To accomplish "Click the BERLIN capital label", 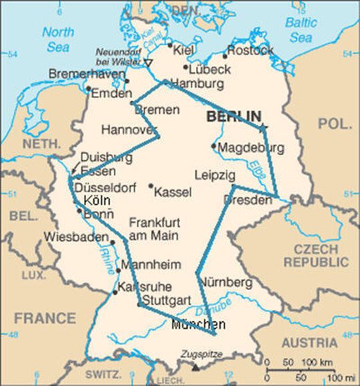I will [x=233, y=116].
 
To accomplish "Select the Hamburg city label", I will [x=197, y=84].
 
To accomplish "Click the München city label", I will [x=198, y=325].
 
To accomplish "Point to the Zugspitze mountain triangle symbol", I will [x=195, y=367].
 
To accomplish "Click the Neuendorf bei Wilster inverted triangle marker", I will [x=149, y=63].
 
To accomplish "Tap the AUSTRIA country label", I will [x=309, y=343].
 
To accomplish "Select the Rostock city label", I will [x=250, y=51].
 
